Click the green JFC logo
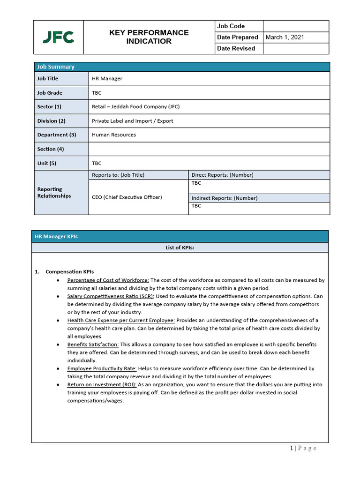pyautogui.click(x=58, y=37)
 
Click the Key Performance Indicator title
pyautogui.click(x=149, y=37)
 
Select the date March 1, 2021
pyautogui.click(x=285, y=37)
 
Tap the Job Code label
pyautogui.click(x=231, y=26)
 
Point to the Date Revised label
pyautogui.click(x=236, y=49)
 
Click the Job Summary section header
pyautogui.click(x=56, y=67)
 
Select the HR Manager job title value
pyautogui.click(x=107, y=79)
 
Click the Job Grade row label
pyautogui.click(x=50, y=93)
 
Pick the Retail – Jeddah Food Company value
pyautogui.click(x=135, y=107)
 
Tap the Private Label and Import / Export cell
pyautogui.click(x=132, y=121)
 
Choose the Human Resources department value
pyautogui.click(x=114, y=135)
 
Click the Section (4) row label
pyautogui.click(x=51, y=149)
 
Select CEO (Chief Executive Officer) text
pyautogui.click(x=127, y=197)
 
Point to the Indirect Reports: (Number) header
pyautogui.click(x=225, y=198)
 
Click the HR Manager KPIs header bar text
pyautogui.click(x=56, y=237)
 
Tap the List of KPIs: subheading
pyautogui.click(x=180, y=248)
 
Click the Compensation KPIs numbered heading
pyautogui.click(x=69, y=272)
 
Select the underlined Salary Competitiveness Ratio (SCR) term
pyautogui.click(x=111, y=296)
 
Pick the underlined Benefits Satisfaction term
pyautogui.click(x=93, y=345)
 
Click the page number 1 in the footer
pyautogui.click(x=291, y=449)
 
